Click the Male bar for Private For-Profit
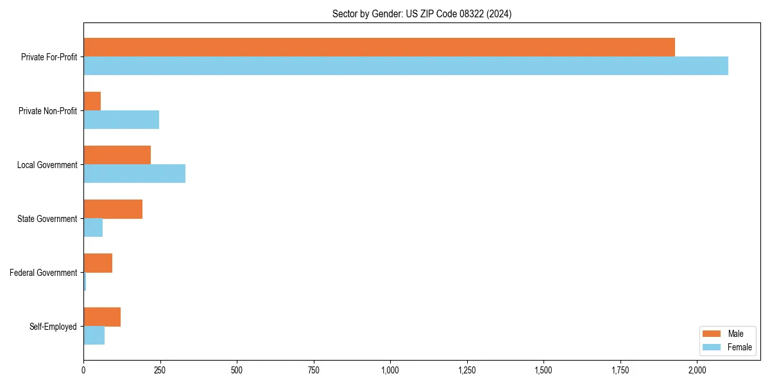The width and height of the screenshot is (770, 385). [x=379, y=47]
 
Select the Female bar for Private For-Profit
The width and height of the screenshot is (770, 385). [x=406, y=65]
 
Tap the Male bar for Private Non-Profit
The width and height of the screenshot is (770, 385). [x=92, y=101]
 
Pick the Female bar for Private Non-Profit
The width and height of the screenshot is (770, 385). [x=121, y=119]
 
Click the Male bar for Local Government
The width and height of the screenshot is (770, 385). [x=117, y=155]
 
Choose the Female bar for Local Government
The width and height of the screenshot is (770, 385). [x=134, y=173]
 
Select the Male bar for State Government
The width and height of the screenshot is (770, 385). [x=113, y=209]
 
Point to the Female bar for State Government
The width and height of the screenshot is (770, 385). [x=93, y=227]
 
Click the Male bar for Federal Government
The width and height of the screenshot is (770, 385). [x=98, y=263]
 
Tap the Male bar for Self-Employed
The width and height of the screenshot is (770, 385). [x=102, y=317]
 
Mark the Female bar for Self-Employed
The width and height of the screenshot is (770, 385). [x=94, y=335]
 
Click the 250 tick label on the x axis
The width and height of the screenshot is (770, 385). [x=160, y=370]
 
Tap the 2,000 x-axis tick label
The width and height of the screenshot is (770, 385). [x=697, y=370]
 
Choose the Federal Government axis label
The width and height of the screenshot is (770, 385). [x=44, y=273]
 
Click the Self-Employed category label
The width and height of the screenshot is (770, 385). [x=53, y=327]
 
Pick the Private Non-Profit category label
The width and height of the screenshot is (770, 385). [x=47, y=111]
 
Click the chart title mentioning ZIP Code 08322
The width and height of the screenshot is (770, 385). [x=422, y=13]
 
